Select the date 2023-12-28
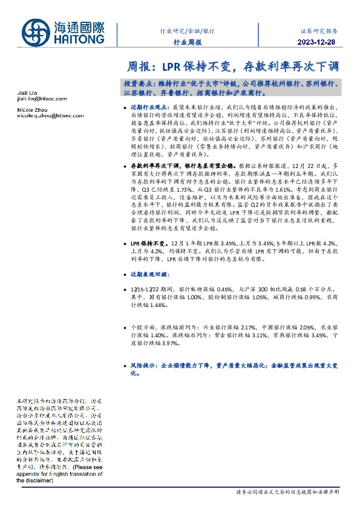point(318,42)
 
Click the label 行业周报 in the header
point(187,42)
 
